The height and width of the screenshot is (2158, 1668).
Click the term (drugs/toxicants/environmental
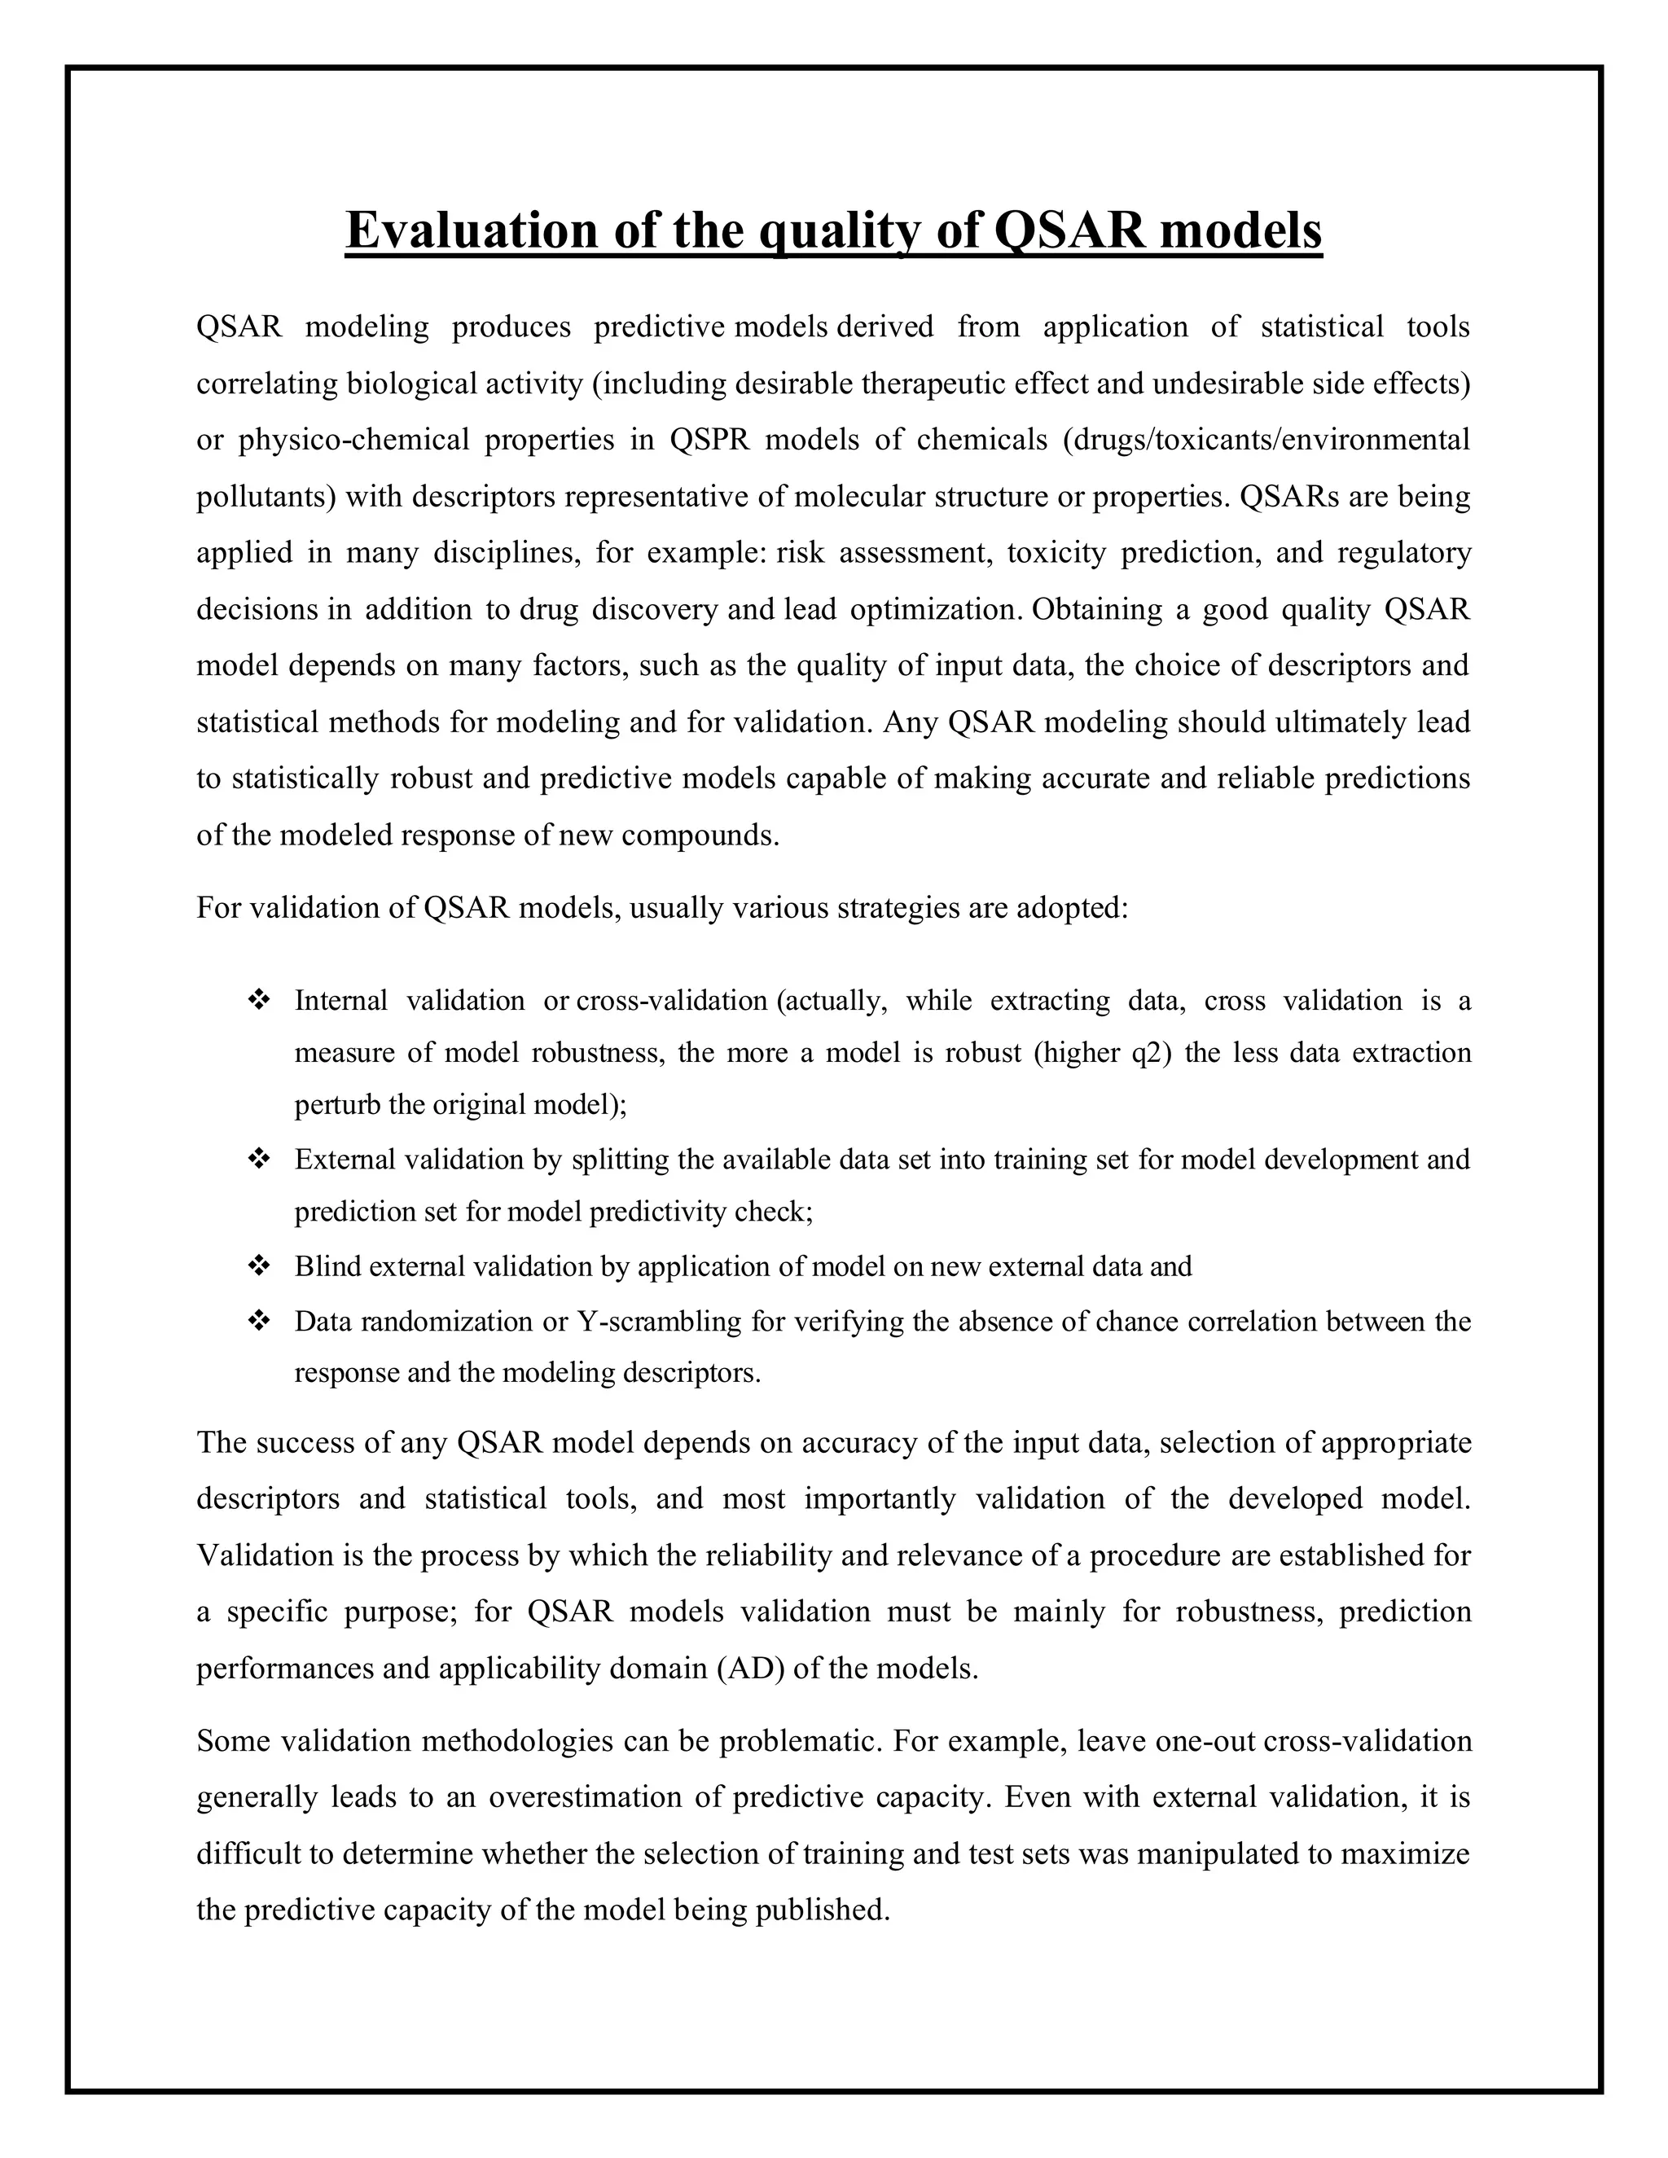(x=1266, y=440)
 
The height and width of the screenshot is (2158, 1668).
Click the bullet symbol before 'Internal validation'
(x=259, y=1000)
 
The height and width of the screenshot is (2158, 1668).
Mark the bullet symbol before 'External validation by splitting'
(x=259, y=1159)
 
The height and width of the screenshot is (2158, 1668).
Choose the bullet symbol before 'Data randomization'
(x=259, y=1321)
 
